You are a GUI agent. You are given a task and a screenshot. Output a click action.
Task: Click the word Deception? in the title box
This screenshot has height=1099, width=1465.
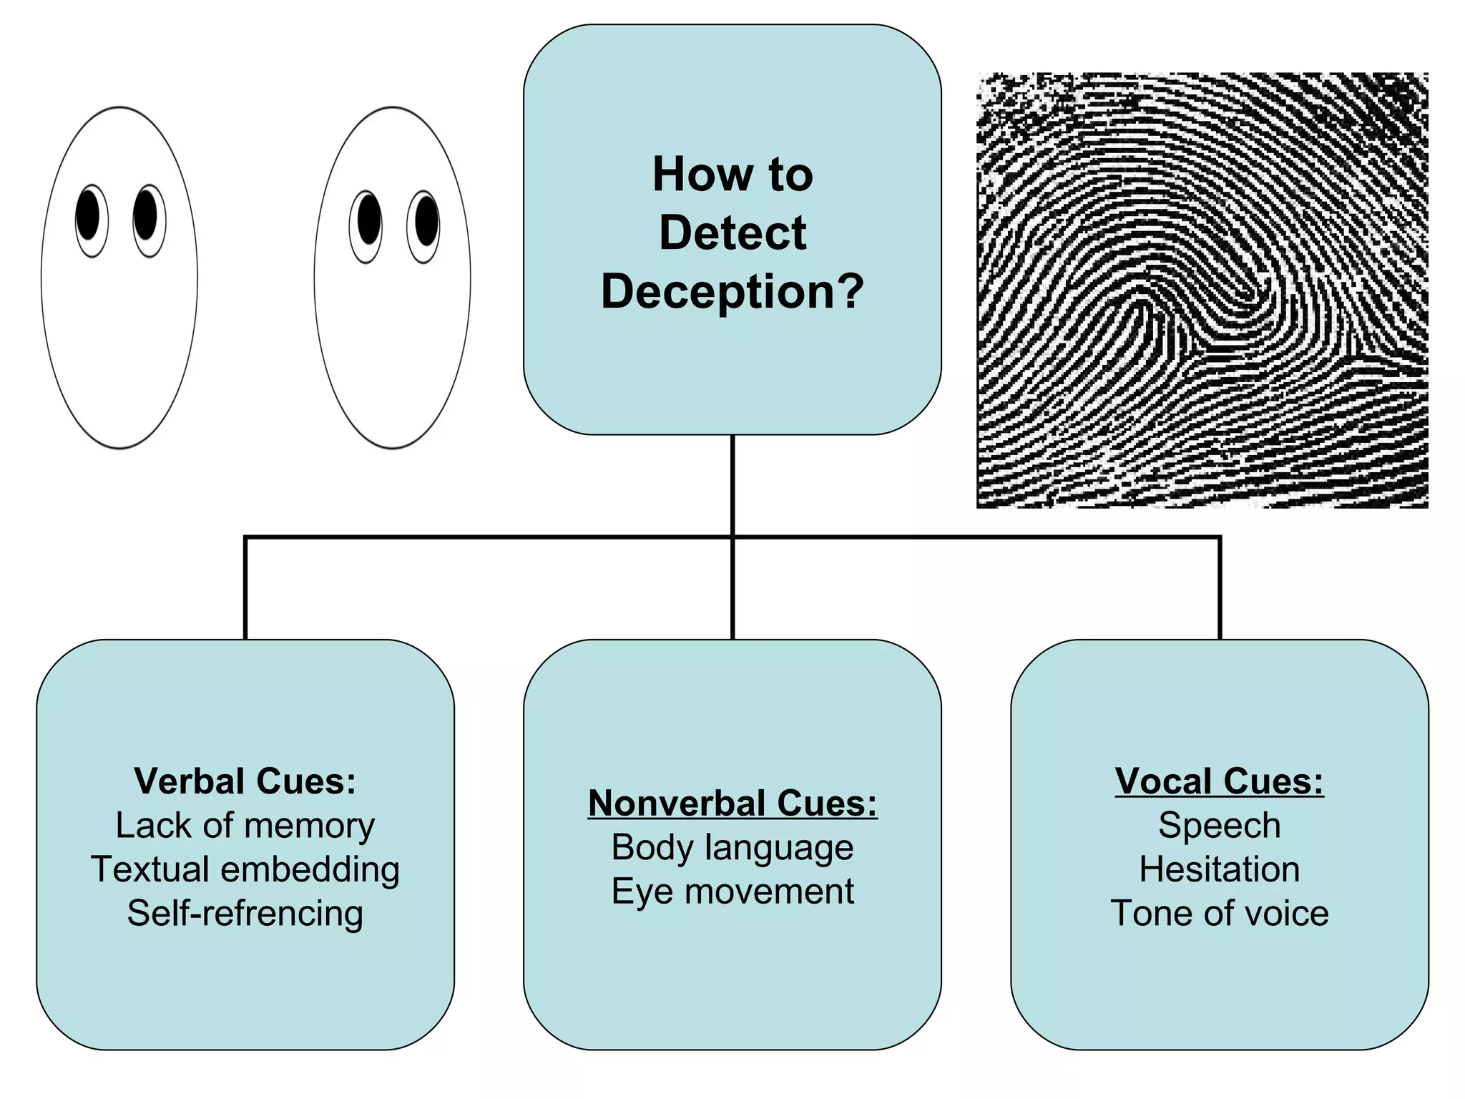732,292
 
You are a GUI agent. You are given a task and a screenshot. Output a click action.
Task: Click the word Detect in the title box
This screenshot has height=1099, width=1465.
732,233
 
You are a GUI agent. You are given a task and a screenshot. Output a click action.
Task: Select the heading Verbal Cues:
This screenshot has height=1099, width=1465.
245,781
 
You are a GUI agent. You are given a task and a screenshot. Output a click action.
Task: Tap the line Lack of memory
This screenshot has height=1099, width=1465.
245,826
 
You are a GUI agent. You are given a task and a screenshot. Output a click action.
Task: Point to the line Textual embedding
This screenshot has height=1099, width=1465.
245,869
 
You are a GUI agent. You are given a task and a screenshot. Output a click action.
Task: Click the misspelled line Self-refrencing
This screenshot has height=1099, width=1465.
245,914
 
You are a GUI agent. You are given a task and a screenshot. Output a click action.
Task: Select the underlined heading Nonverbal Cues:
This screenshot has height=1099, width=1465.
732,803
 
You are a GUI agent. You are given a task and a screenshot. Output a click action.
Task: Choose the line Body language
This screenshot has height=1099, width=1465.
732,848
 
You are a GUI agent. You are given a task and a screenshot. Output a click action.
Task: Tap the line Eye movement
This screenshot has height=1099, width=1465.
732,892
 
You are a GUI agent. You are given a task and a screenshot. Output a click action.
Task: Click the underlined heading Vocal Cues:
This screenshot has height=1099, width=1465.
1219,781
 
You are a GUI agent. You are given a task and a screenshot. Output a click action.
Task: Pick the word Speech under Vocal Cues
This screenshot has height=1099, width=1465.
1219,826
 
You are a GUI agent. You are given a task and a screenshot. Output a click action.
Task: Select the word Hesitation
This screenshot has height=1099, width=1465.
1219,869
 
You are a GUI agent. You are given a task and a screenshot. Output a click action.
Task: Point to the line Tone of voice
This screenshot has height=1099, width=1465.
1219,914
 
